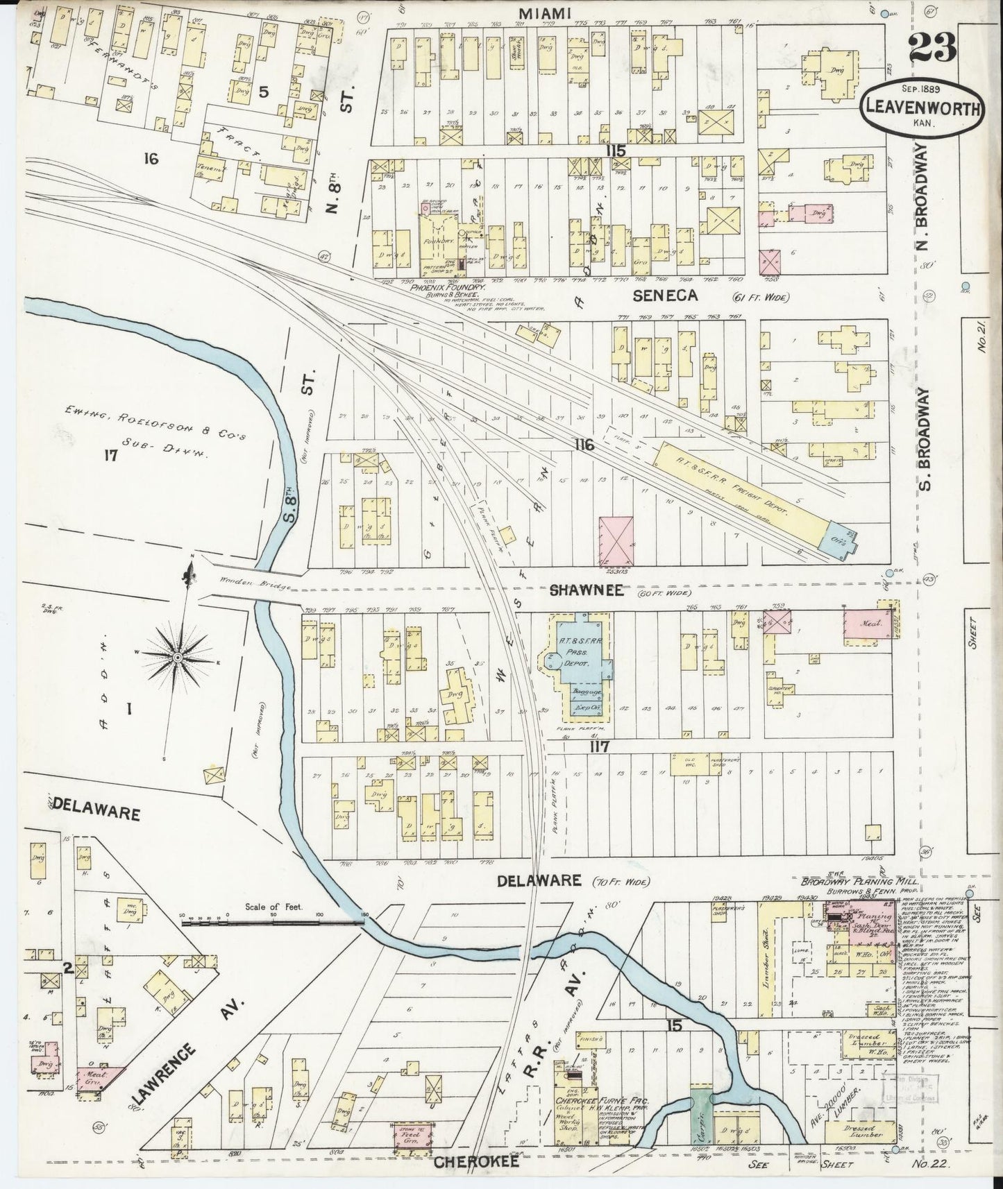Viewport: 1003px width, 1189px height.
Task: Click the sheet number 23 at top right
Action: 932,48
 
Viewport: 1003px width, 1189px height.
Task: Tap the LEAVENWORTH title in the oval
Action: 922,109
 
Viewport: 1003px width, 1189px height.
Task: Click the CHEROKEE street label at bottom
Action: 476,1162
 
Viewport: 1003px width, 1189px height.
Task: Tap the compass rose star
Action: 178,656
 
